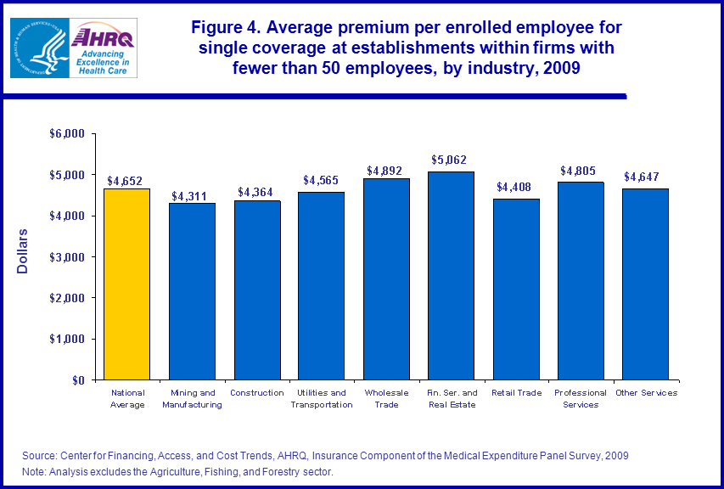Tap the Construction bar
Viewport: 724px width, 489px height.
click(x=257, y=290)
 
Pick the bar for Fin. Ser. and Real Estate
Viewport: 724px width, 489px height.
click(x=451, y=276)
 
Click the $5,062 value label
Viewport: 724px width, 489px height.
click(x=450, y=160)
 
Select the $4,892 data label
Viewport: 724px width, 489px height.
click(x=384, y=170)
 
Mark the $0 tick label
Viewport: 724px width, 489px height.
click(x=79, y=380)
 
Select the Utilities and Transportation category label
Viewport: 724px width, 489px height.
click(x=322, y=398)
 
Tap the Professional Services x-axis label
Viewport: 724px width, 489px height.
click(x=580, y=398)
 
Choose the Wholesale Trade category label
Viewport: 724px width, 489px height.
click(x=386, y=398)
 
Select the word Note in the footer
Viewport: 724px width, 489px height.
click(x=34, y=471)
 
